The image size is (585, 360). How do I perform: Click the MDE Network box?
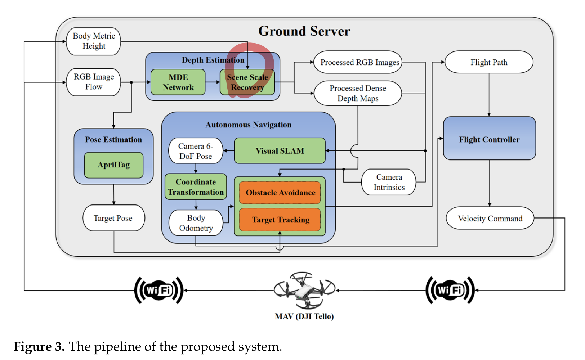178,82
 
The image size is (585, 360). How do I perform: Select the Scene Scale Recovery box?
247,82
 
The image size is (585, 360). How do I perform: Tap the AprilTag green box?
113,165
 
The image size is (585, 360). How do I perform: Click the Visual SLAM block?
280,151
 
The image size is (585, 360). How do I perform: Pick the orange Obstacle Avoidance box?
280,193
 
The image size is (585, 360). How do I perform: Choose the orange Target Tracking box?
280,220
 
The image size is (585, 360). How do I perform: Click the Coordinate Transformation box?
196,187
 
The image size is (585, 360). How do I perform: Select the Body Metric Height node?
94,41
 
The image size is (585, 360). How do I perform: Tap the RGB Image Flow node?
94,82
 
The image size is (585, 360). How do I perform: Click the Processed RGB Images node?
359,62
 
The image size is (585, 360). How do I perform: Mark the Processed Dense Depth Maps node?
358,93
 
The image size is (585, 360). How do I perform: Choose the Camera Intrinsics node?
389,182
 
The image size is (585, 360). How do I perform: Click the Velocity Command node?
490,218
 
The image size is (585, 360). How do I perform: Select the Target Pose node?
113,218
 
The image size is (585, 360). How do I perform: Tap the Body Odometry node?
196,223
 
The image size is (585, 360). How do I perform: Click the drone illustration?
304,290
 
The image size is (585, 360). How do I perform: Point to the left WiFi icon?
159,290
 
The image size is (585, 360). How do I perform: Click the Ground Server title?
304,31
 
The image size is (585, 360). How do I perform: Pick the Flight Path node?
489,62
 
